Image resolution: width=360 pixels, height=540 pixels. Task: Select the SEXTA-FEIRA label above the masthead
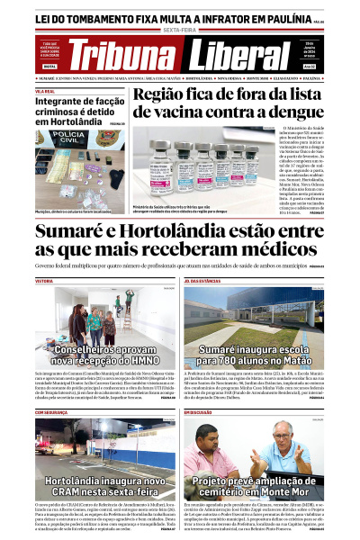(x=180, y=29)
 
